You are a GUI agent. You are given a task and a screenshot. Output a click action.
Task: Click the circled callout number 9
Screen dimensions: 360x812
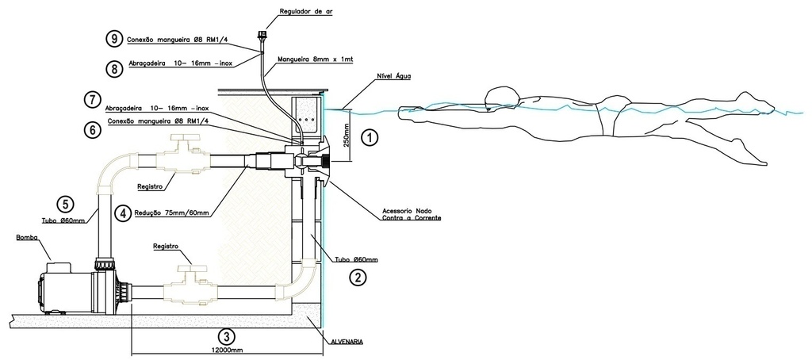point(117,37)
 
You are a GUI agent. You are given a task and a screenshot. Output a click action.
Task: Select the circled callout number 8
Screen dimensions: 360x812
point(117,68)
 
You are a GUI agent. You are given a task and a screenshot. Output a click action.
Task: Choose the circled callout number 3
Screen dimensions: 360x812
point(227,335)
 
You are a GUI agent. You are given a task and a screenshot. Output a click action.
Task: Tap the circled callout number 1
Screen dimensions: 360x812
point(369,137)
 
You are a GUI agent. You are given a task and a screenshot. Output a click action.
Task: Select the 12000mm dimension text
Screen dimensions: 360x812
point(227,349)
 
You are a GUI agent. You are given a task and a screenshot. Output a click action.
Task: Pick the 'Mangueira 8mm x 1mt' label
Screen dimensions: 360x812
point(310,59)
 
